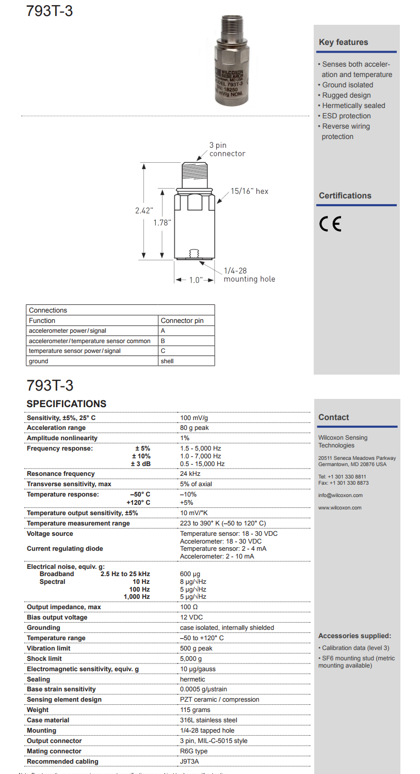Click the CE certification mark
coord(330,224)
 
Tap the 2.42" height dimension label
coord(144,210)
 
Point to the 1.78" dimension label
coord(162,223)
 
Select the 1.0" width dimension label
coord(195,280)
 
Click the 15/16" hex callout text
coord(249,191)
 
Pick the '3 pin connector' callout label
coord(227,149)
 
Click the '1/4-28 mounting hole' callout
coord(249,275)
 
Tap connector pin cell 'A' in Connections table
coord(163,331)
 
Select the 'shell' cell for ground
coord(167,361)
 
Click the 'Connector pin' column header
coord(182,320)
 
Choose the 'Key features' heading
coord(343,42)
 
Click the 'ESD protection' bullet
coord(346,116)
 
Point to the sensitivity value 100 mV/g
coord(194,417)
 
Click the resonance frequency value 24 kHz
coord(190,474)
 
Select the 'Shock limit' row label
coord(44,659)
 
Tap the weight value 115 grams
coord(196,710)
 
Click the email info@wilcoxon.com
coord(340,496)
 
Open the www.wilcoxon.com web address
coord(340,508)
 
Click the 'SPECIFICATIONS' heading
coord(67,404)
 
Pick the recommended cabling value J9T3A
coord(189,762)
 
